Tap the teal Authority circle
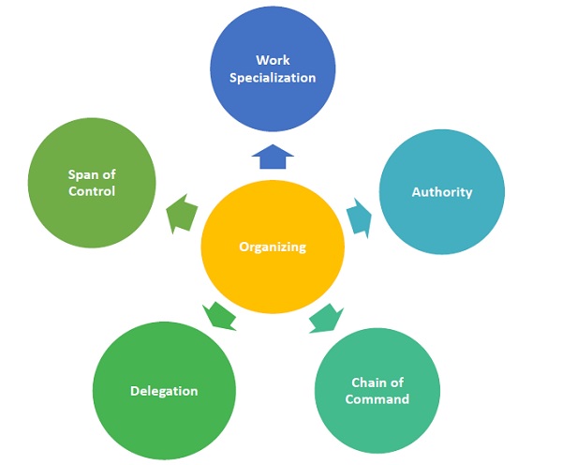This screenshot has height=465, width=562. click(x=442, y=192)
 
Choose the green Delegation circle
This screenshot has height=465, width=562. click(x=164, y=390)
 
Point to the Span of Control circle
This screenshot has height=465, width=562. click(x=92, y=184)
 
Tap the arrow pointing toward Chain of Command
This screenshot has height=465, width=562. click(x=325, y=316)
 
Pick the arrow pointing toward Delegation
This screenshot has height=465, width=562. click(x=221, y=315)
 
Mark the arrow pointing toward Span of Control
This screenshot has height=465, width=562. click(x=184, y=213)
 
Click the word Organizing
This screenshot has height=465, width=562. click(x=272, y=247)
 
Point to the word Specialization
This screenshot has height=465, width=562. click(x=274, y=77)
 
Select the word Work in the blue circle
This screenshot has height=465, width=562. click(x=274, y=61)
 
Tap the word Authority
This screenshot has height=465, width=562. click(x=442, y=192)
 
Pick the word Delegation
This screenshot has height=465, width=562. click(x=164, y=390)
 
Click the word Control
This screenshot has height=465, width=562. click(x=92, y=191)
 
